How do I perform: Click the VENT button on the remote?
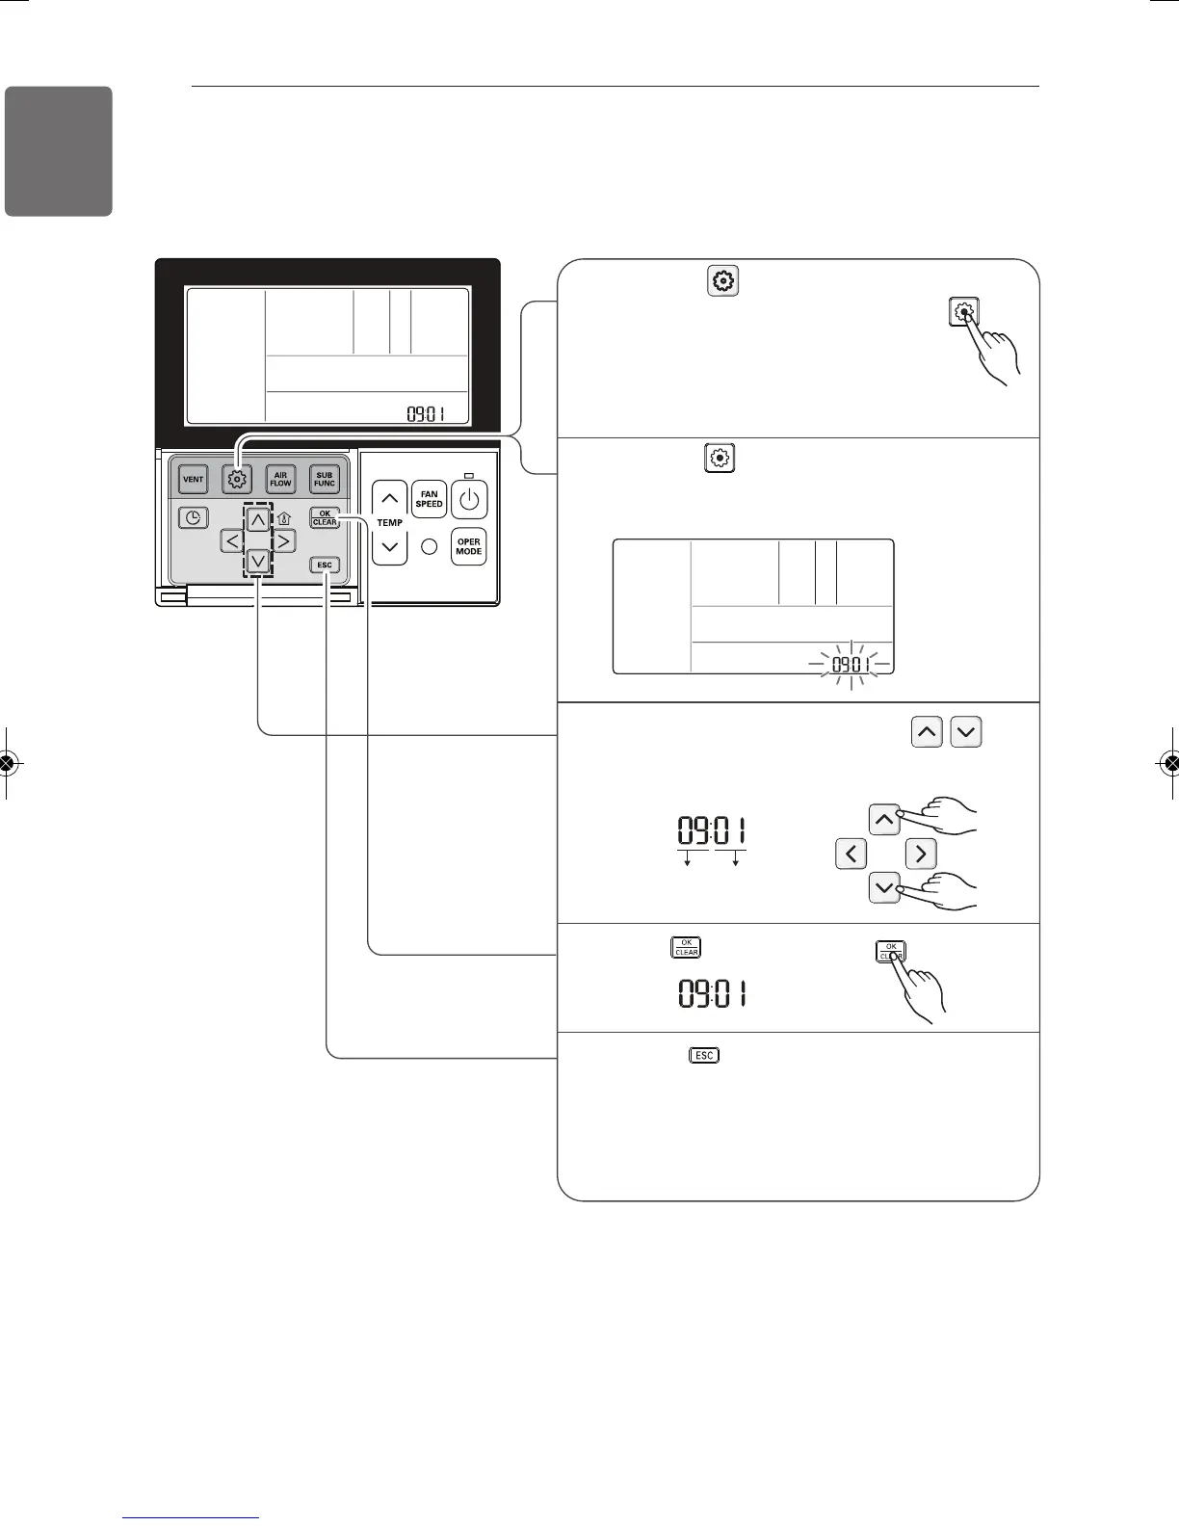pos(194,479)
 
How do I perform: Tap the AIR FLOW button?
pos(280,479)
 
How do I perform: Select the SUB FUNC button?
pos(324,479)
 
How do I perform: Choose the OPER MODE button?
pos(469,546)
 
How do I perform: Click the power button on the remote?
pos(469,500)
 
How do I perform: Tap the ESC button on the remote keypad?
pos(325,566)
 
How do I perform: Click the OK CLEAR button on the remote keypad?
pos(325,517)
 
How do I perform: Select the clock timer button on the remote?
pos(194,518)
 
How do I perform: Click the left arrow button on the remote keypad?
pos(231,540)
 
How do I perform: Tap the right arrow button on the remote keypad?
pos(284,540)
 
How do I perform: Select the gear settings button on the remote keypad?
pos(237,479)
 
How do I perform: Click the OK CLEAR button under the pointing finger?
pos(890,952)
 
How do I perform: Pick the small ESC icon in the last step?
pos(704,1055)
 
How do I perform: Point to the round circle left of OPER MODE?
pos(431,546)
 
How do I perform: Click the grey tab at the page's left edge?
pos(59,151)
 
